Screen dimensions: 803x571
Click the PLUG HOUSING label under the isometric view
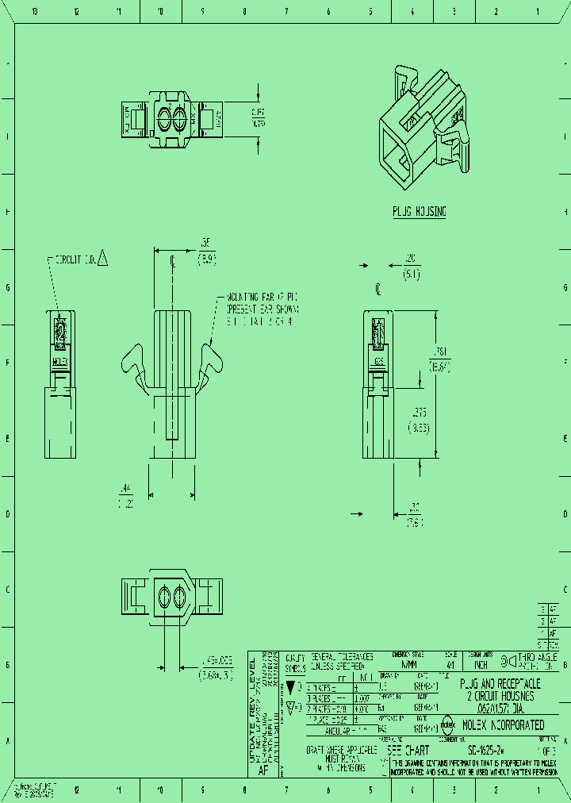[x=420, y=212]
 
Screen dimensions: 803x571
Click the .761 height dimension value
[x=441, y=359]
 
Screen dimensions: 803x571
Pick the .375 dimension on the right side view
[x=420, y=420]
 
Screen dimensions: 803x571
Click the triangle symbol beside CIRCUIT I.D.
[x=103, y=258]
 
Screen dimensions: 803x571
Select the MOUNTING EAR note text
[x=260, y=309]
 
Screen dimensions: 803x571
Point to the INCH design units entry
[x=481, y=666]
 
